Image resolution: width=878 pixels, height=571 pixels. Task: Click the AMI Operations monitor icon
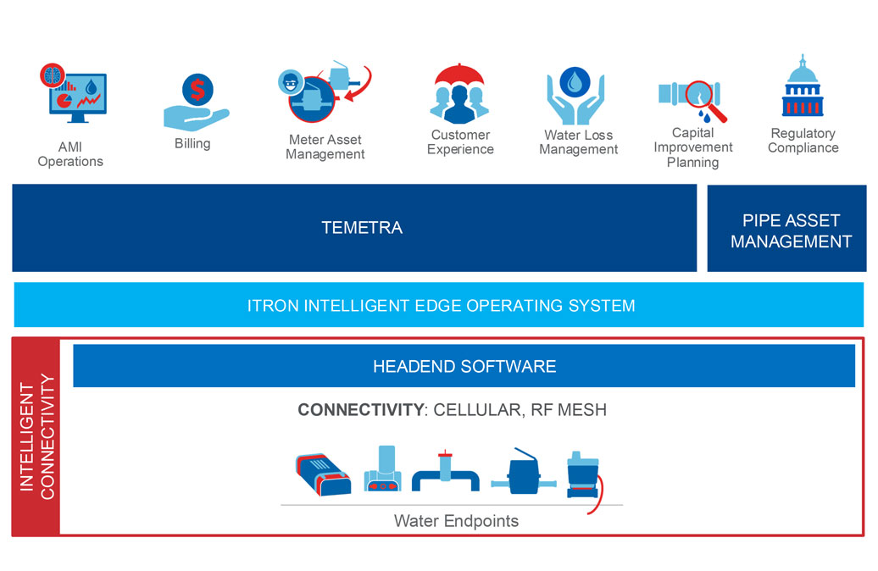click(x=74, y=96)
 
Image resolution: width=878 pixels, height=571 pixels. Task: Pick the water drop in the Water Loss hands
click(x=577, y=81)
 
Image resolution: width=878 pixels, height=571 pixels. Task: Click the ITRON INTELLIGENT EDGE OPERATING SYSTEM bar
click(x=440, y=305)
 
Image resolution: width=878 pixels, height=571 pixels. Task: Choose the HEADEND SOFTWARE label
click(x=464, y=366)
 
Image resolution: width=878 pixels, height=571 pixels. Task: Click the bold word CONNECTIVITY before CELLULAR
click(x=359, y=410)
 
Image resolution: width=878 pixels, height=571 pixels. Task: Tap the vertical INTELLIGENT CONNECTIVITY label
click(x=36, y=436)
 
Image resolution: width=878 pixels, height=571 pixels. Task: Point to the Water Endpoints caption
click(x=456, y=520)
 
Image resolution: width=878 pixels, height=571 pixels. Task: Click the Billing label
click(x=192, y=143)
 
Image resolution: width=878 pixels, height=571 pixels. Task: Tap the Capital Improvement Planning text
click(x=692, y=147)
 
